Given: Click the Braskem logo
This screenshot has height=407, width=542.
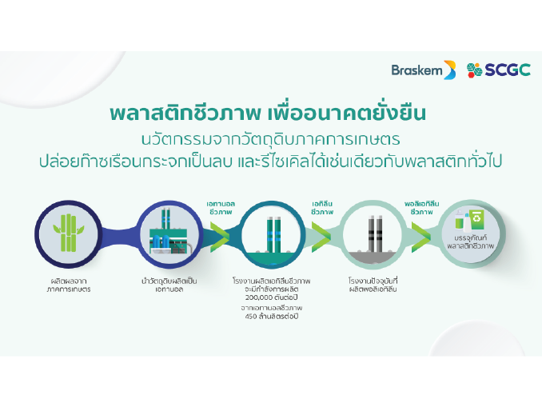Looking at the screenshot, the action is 424,70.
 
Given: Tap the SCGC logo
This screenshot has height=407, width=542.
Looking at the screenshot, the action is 499,70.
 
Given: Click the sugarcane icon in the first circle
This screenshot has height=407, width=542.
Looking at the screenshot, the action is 69,233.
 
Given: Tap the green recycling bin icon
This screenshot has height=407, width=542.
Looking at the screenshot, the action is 477,219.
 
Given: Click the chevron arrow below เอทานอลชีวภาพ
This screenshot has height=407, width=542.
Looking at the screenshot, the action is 220,237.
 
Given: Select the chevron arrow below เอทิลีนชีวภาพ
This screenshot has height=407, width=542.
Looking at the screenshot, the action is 321,237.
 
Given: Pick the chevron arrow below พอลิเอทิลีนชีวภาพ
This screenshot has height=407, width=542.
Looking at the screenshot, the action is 421,237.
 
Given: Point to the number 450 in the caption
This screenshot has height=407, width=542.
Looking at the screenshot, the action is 250,316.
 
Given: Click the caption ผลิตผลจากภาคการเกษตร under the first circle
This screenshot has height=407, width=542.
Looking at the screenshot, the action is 69,285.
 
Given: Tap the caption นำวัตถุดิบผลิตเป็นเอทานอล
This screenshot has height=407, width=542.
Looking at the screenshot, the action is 169,285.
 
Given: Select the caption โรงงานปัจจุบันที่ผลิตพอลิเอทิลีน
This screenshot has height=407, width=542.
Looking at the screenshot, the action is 373,285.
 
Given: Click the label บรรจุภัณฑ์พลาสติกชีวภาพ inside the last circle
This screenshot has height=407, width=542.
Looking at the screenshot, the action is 470,242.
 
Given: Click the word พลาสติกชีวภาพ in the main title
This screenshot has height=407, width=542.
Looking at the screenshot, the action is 185,113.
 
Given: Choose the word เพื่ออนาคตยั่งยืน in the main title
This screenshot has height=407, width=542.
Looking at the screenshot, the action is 347,113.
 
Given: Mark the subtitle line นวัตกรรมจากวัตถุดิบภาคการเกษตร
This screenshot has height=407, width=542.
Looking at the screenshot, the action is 271,139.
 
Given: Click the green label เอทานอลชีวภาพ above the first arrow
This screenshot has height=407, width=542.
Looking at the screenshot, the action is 221,208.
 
